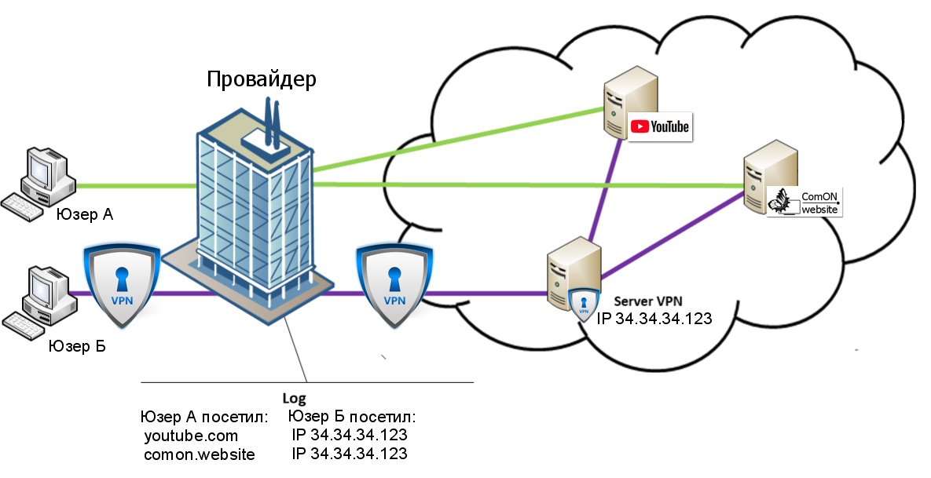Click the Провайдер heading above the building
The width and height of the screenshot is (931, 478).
click(262, 79)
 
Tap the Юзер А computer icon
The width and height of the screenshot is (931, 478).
click(38, 186)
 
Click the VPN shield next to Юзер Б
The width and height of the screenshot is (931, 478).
click(122, 286)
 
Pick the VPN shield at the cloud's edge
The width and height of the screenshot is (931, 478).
click(394, 286)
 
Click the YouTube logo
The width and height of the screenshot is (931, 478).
click(660, 126)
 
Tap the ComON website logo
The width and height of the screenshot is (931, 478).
click(805, 202)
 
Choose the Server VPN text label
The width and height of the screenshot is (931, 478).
click(648, 301)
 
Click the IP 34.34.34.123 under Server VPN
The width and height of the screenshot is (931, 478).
click(654, 319)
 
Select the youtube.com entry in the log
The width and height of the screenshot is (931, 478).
click(191, 436)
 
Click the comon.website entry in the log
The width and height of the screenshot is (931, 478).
click(200, 455)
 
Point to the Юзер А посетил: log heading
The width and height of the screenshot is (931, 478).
click(204, 417)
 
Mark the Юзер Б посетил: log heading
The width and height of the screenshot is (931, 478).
click(351, 417)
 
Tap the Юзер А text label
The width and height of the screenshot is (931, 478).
click(85, 215)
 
